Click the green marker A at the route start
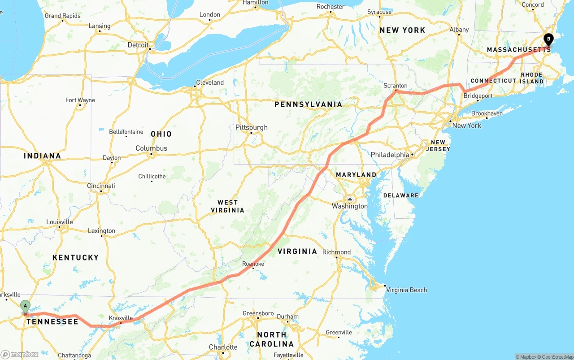(x=25, y=307)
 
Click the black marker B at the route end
(x=548, y=39)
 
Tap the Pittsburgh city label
(x=251, y=127)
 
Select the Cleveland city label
(x=209, y=82)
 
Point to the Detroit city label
(x=138, y=45)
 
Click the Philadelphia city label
(x=390, y=155)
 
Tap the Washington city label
(x=349, y=206)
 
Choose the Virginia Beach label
(x=406, y=290)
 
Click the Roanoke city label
(x=253, y=264)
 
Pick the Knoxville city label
(x=121, y=318)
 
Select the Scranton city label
(x=395, y=86)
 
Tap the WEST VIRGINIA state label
(x=228, y=206)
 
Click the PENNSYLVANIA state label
(x=308, y=104)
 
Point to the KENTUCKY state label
(x=75, y=257)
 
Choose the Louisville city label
(x=59, y=222)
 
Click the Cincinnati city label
(x=101, y=186)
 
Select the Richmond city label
(x=336, y=252)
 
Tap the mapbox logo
(x=20, y=354)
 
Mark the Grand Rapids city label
(x=62, y=16)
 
